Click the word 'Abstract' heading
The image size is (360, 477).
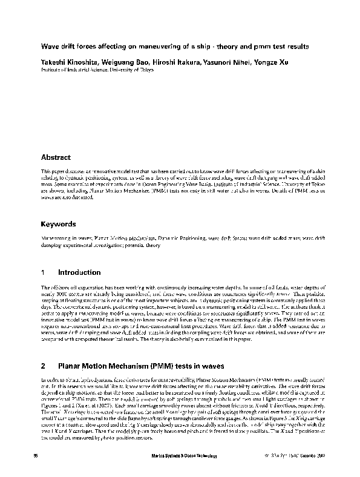(56, 157)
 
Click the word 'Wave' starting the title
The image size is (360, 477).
(48, 47)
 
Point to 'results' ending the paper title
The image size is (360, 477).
(296, 47)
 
